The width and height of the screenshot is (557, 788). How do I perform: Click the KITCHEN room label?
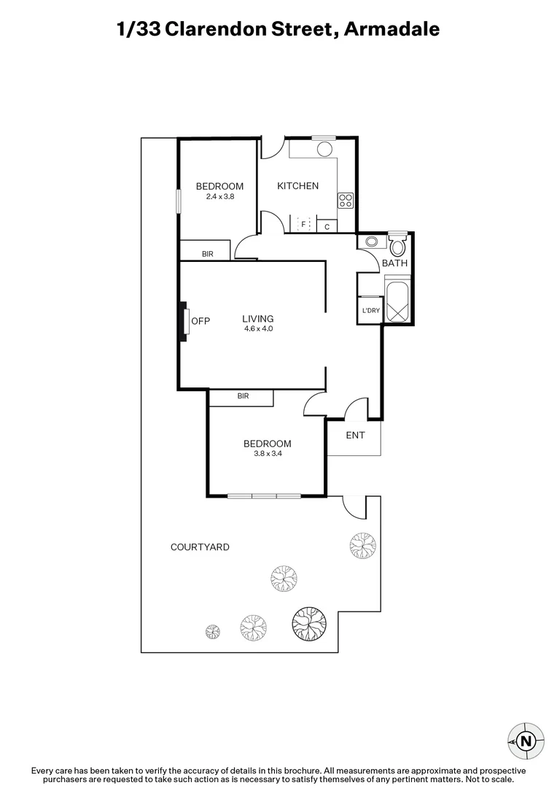tap(297, 186)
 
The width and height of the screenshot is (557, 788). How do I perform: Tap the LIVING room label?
tap(258, 319)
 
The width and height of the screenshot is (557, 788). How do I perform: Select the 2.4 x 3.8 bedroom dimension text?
tap(219, 196)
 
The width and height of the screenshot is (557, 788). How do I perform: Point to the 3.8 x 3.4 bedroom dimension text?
tap(267, 454)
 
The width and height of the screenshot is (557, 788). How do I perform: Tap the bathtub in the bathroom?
tap(397, 301)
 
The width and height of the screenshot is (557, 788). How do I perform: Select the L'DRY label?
tap(370, 311)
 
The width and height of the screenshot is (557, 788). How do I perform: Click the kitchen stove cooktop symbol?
tap(346, 200)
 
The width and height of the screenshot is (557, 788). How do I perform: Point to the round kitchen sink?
tap(324, 149)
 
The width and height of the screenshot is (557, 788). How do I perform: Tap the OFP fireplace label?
tap(200, 320)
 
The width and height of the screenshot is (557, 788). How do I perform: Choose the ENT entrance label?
tap(355, 436)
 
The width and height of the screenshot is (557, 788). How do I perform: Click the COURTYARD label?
tap(200, 546)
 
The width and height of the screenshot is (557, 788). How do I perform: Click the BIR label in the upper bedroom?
tap(207, 254)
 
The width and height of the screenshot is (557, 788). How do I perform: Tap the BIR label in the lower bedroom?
tap(243, 396)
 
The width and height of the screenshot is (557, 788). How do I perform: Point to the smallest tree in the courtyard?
tap(212, 630)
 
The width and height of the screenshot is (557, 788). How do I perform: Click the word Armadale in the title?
tap(392, 29)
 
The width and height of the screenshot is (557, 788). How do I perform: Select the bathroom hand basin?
tap(370, 242)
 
